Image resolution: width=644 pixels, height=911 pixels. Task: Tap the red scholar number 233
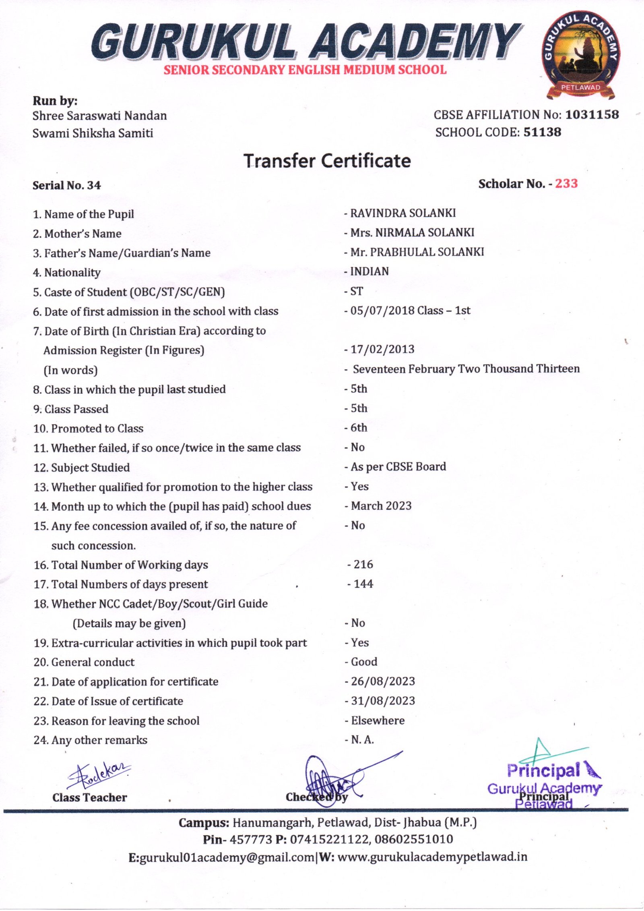(566, 184)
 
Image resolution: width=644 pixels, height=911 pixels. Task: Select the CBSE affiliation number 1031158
(592, 115)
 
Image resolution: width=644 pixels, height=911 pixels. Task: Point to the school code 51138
(542, 132)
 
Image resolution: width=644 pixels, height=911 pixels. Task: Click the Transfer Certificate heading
(327, 161)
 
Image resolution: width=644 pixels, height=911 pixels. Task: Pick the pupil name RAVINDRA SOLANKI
(402, 213)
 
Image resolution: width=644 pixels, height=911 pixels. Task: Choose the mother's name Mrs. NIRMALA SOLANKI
(412, 232)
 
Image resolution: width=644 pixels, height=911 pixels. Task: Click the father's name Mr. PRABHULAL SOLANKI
(417, 252)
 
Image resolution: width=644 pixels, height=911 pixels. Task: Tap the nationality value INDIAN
(369, 271)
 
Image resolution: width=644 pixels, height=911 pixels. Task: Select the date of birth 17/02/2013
(382, 349)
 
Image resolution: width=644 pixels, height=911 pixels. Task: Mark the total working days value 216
(363, 564)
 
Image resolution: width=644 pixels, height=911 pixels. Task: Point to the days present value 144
(363, 584)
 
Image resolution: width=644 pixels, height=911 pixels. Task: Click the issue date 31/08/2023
(382, 701)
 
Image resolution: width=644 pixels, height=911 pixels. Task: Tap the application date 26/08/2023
(382, 681)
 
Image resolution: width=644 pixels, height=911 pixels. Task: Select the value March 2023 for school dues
(381, 506)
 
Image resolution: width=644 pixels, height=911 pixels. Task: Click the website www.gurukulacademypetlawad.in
(432, 857)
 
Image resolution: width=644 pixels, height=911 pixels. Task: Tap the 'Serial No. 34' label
(67, 185)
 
